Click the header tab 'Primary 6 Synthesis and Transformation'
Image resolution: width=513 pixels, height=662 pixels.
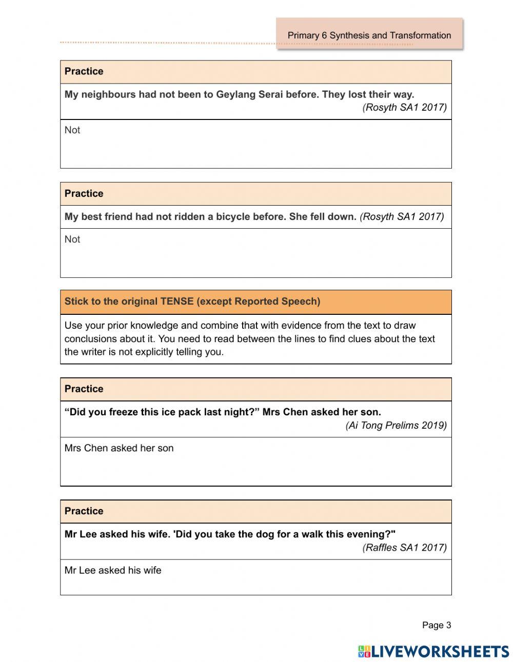click(x=369, y=35)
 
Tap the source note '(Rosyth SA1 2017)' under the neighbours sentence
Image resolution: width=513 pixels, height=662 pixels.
click(x=404, y=107)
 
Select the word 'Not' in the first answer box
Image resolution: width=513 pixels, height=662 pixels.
click(x=72, y=130)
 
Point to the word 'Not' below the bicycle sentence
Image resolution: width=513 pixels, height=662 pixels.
click(x=72, y=239)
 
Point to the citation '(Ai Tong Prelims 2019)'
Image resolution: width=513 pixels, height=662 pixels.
click(x=396, y=426)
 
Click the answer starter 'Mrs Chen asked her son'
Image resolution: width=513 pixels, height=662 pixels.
click(x=119, y=448)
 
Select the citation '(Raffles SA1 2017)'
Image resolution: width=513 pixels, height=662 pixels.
click(x=404, y=548)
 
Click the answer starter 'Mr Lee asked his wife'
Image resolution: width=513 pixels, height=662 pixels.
click(x=113, y=570)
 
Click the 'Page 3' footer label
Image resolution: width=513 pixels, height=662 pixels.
click(x=436, y=625)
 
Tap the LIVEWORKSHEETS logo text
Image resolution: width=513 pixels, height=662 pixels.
click(x=440, y=652)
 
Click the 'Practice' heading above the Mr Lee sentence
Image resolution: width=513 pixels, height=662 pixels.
click(x=84, y=511)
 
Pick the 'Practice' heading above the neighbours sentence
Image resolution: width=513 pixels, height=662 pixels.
click(x=84, y=71)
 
